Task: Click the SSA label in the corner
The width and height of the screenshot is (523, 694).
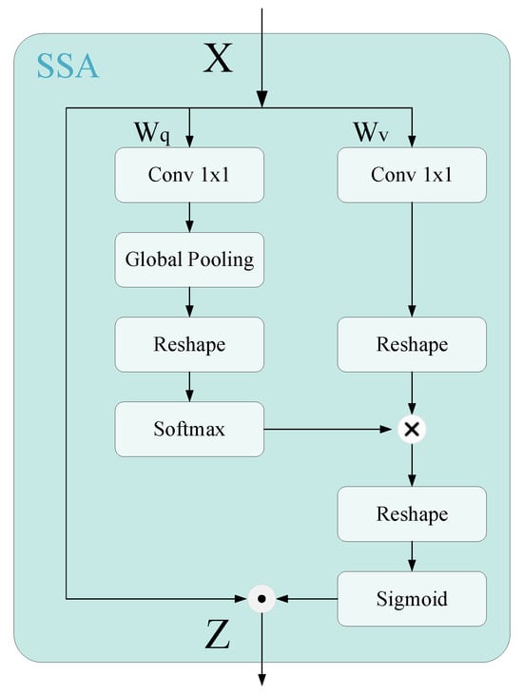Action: coord(68,66)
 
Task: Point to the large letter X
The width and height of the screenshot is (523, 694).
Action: coord(218,60)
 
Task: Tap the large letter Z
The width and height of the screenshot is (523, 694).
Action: coord(218,634)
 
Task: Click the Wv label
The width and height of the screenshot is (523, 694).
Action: coord(372,132)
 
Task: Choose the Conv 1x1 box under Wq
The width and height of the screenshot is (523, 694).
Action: coord(189,174)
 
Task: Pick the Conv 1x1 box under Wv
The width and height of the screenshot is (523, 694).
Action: coord(412,174)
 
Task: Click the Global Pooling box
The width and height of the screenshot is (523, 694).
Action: coord(189,259)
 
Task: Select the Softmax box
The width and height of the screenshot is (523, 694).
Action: coord(189,429)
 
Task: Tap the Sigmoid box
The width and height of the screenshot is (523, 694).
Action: coord(412,599)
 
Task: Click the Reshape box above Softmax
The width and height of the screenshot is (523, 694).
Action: coord(189,344)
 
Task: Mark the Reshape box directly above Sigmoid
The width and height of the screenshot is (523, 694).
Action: coord(412,514)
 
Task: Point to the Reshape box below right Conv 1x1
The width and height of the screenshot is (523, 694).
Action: coord(412,344)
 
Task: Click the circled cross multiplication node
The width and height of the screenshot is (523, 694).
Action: coord(412,430)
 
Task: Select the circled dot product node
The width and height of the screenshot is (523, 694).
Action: coord(261,599)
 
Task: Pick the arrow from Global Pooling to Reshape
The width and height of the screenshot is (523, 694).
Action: coord(189,301)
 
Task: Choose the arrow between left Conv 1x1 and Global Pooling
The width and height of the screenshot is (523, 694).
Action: coord(189,217)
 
